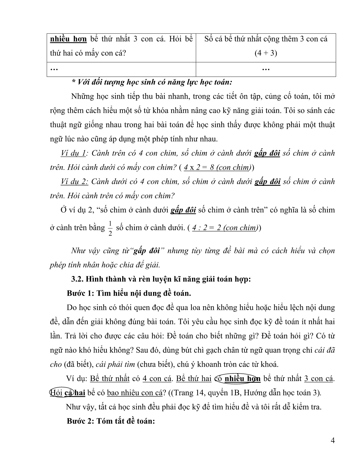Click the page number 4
click(x=333, y=440)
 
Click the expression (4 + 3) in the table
click(x=266, y=53)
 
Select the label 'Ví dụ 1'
click(x=73, y=153)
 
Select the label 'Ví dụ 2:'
click(x=74, y=182)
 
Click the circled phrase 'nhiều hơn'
click(x=243, y=379)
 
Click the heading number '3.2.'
click(x=77, y=279)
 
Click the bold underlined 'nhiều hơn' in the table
click(x=68, y=39)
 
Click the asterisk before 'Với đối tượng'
click(x=73, y=82)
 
